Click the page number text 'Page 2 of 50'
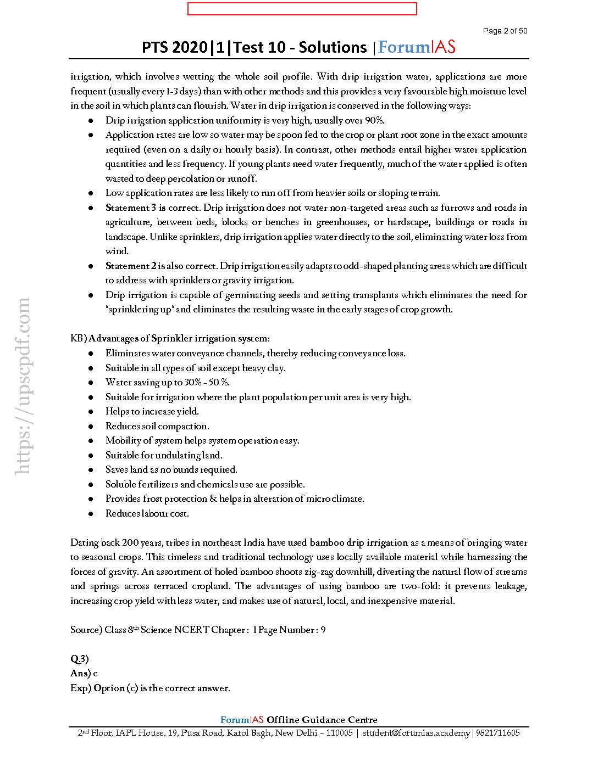tap(505, 31)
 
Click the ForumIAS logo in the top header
tap(417, 47)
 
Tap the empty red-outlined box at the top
tap(302, 9)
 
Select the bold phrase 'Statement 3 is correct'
tap(153, 208)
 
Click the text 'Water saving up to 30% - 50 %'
tap(167, 382)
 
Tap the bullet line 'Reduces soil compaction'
tap(157, 426)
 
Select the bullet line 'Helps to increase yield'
tap(152, 411)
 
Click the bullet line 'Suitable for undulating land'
tap(164, 455)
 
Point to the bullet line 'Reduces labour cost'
tap(147, 513)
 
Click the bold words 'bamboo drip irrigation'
tap(358, 542)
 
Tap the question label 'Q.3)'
tap(79, 659)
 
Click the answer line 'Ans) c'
tap(84, 673)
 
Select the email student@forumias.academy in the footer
tap(416, 733)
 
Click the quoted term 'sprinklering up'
tap(140, 309)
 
